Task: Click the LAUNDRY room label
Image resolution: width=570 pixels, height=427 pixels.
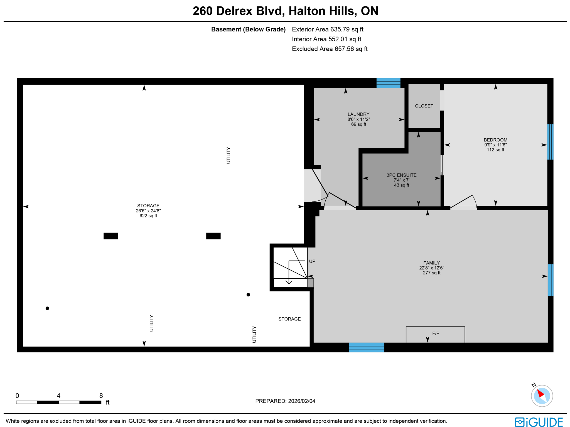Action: point(358,114)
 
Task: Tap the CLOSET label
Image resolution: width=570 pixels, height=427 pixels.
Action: point(424,106)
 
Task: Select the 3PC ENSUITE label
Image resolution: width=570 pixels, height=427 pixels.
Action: point(401,175)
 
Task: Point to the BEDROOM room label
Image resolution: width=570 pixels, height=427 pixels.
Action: point(495,140)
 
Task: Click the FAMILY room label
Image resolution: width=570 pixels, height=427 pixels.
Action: point(431,263)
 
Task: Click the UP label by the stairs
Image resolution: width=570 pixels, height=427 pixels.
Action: point(312,261)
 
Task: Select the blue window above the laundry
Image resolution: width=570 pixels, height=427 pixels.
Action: point(388,83)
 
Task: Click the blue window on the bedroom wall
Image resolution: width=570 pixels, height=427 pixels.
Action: point(550,142)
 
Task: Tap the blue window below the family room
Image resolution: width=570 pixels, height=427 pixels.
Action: point(366,347)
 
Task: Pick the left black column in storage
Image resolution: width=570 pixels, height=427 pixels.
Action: point(111,236)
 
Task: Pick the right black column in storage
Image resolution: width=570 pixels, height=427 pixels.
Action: point(213,236)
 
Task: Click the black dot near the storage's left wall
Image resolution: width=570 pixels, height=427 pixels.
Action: point(47,308)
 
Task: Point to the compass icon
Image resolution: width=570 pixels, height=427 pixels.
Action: point(541,396)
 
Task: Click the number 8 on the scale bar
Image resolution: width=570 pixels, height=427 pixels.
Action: point(101,396)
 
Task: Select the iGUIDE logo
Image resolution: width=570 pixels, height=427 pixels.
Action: point(539,422)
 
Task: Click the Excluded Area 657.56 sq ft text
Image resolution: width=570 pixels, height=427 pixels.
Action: point(330,49)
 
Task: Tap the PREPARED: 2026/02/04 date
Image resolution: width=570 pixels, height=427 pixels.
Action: point(285,401)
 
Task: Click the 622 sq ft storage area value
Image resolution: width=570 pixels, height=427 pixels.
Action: point(148,216)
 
